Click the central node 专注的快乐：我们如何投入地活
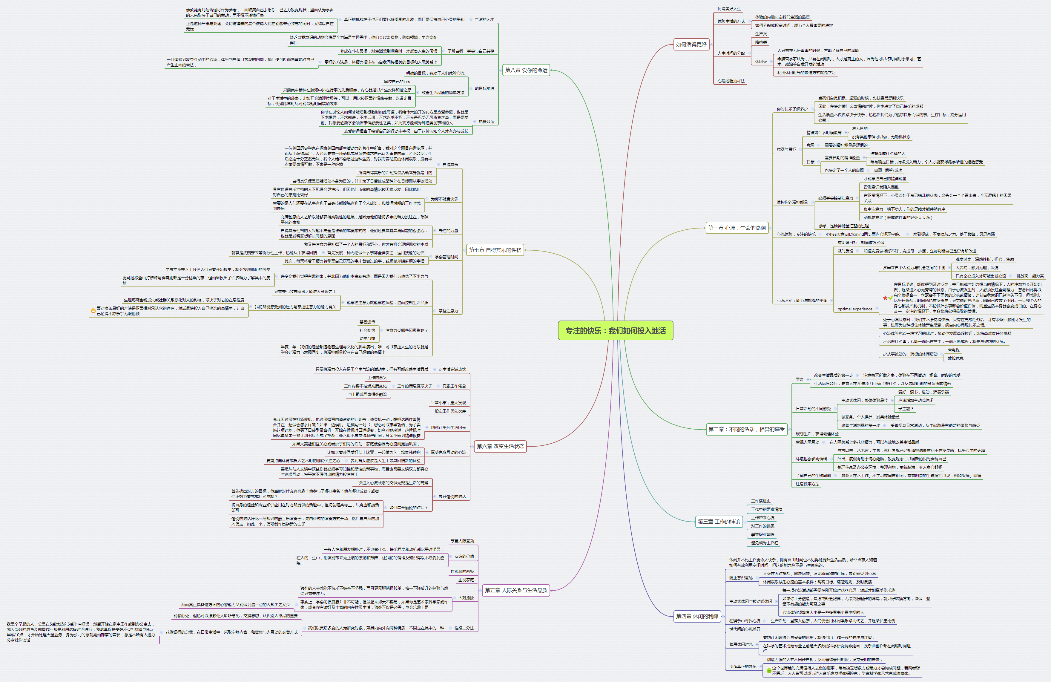point(615,331)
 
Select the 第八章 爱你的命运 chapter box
point(526,70)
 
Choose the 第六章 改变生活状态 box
point(500,446)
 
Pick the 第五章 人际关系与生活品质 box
point(516,590)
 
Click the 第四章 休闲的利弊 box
point(697,616)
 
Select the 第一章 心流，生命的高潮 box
point(737,228)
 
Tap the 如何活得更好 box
point(691,45)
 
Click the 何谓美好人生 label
point(729,9)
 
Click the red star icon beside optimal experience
point(885,298)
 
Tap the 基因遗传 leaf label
point(367,322)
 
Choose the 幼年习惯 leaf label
point(367,339)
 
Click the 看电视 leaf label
point(953,350)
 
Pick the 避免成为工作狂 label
point(764,543)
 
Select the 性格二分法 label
point(464,628)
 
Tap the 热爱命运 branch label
point(486,122)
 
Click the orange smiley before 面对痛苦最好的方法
point(93,310)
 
